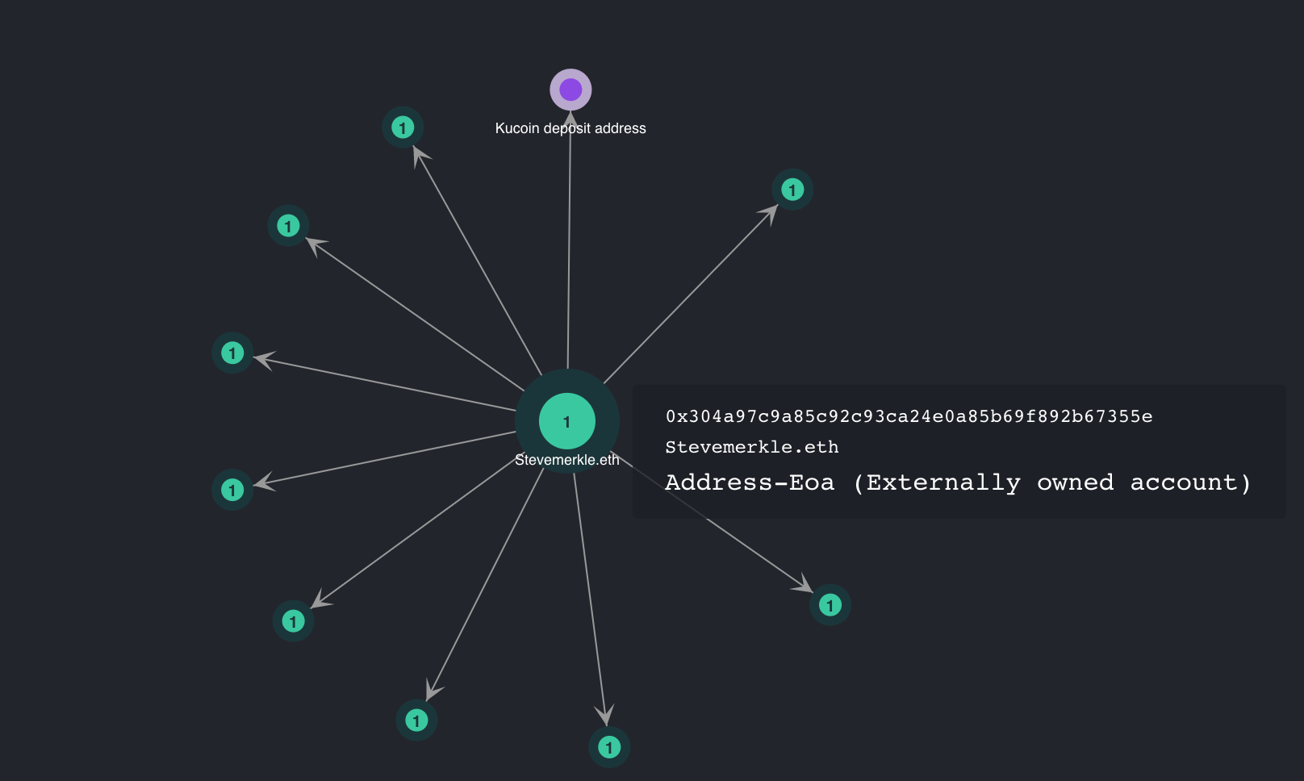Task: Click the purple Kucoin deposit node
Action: point(570,90)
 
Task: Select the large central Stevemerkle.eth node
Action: point(567,421)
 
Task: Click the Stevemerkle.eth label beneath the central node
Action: point(567,460)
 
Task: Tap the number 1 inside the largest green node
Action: point(567,422)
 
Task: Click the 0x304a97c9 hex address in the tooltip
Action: point(909,416)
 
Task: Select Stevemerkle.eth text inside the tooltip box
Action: point(751,448)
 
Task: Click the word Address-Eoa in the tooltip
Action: point(750,483)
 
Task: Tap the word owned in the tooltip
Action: point(1075,483)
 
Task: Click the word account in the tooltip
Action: point(1190,483)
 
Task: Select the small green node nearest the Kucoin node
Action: point(403,127)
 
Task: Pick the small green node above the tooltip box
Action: point(792,189)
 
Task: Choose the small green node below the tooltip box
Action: point(830,604)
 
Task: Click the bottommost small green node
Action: point(609,746)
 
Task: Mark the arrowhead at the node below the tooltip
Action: point(804,584)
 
